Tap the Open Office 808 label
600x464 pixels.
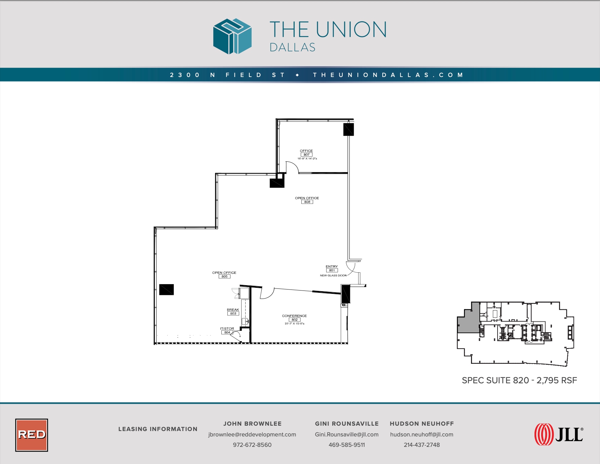(307, 200)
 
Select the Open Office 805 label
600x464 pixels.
(224, 275)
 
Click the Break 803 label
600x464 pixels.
(233, 312)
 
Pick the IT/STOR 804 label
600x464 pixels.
(227, 331)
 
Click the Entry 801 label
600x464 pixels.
(332, 268)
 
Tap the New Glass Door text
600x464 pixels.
(333, 275)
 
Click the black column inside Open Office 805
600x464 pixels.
(166, 289)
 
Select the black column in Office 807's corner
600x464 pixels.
(348, 129)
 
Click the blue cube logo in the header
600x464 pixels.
(232, 36)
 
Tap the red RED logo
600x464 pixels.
(32, 435)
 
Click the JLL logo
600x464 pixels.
(559, 434)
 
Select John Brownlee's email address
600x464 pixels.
(252, 434)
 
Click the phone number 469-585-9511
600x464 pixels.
(346, 445)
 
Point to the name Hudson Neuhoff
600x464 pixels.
(422, 424)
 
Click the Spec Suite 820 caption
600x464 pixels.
(519, 380)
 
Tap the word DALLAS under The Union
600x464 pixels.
(292, 47)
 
